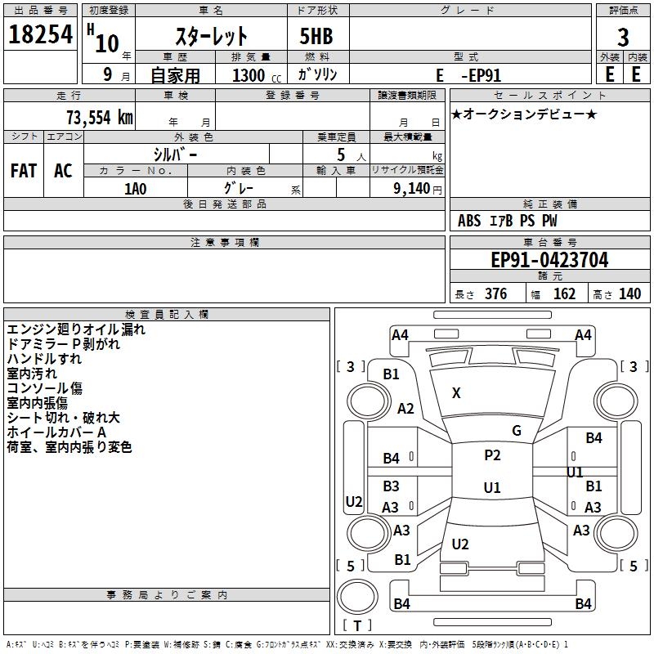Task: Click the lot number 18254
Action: (40, 34)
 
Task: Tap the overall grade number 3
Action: (623, 37)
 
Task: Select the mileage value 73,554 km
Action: (100, 118)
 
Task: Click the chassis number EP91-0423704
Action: (549, 260)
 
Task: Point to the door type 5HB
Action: (316, 36)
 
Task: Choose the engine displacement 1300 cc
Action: (257, 75)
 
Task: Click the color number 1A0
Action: (136, 189)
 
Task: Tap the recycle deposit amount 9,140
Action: (412, 189)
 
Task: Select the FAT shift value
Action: (24, 171)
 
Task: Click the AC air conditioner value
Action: (63, 171)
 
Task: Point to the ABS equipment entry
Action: (468, 221)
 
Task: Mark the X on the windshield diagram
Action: (456, 393)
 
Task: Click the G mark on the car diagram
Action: (517, 431)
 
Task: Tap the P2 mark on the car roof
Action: (492, 455)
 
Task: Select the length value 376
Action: (495, 294)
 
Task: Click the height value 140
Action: (629, 294)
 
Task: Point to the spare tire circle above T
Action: (357, 596)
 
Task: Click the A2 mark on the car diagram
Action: (405, 409)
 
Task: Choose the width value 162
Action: (564, 294)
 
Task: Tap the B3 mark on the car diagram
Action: (391, 486)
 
